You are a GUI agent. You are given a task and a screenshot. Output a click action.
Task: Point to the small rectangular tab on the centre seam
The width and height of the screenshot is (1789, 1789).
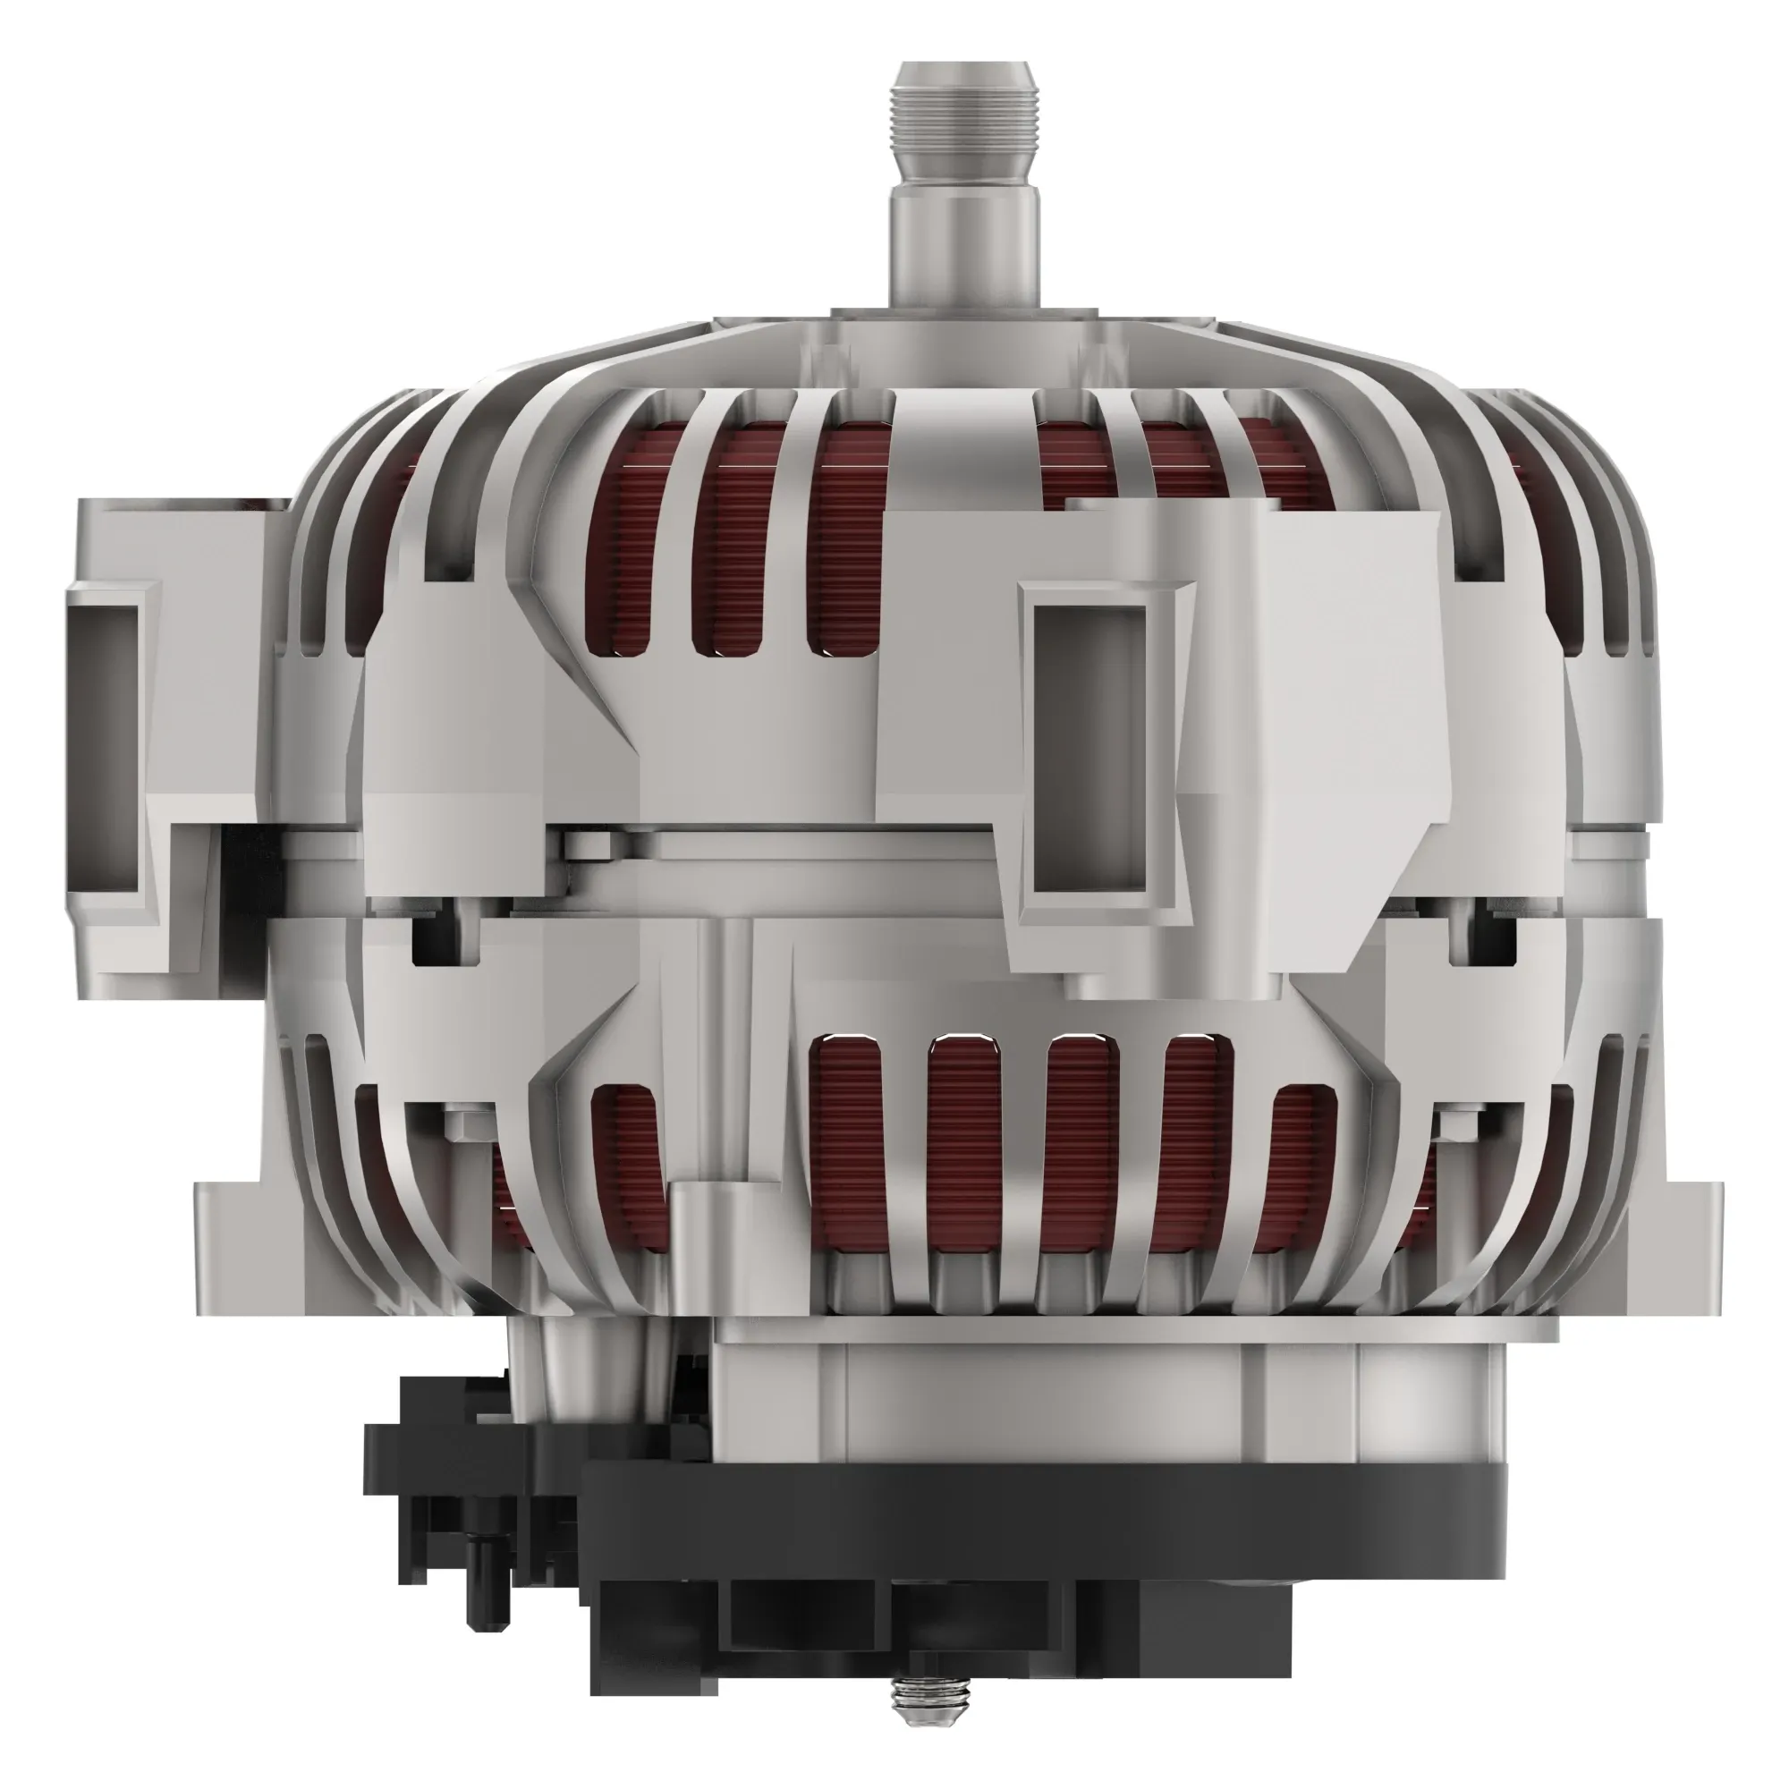tap(593, 844)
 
